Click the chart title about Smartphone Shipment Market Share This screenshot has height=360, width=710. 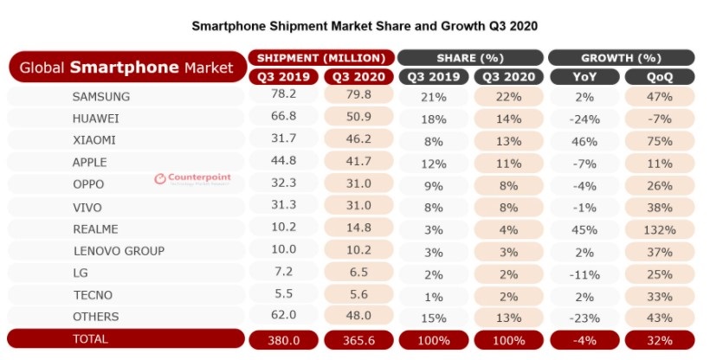tap(365, 26)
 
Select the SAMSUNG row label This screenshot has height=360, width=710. tap(100, 96)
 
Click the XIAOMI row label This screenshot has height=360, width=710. tap(94, 138)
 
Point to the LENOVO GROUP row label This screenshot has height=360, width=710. tap(118, 251)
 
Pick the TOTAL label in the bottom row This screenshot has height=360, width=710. tap(90, 339)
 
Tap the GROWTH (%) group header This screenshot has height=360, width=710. tap(621, 58)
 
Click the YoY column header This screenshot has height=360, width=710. tap(584, 76)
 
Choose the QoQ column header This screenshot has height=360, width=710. tap(659, 76)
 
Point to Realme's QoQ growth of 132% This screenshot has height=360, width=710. tap(659, 228)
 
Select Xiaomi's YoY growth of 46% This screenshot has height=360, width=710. tap(584, 138)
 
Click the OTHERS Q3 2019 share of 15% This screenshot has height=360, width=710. tap(433, 317)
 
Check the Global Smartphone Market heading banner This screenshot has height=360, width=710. tap(126, 67)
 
